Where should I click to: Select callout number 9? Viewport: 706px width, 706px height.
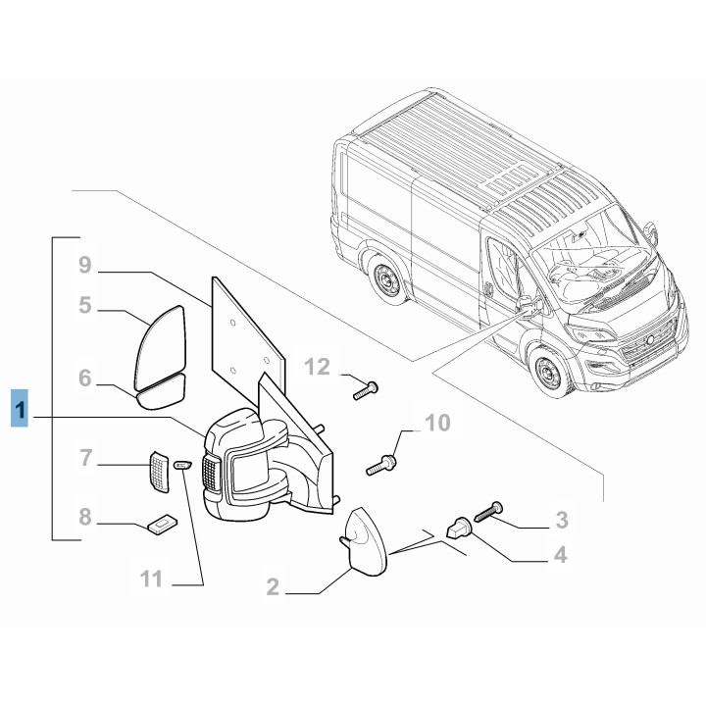[x=84, y=265]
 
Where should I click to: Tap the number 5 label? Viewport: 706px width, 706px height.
[x=84, y=306]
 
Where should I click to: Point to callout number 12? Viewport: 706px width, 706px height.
[x=318, y=368]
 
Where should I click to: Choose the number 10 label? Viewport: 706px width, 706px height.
[x=436, y=424]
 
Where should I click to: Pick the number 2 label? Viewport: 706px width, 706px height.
[x=273, y=588]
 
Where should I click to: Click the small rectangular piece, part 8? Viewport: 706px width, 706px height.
[x=161, y=527]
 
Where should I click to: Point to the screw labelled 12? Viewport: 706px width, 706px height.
[x=366, y=390]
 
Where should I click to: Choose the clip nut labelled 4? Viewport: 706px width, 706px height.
[x=458, y=529]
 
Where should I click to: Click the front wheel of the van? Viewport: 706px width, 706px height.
[x=545, y=375]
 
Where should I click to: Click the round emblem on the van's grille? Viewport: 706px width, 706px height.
[x=650, y=337]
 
